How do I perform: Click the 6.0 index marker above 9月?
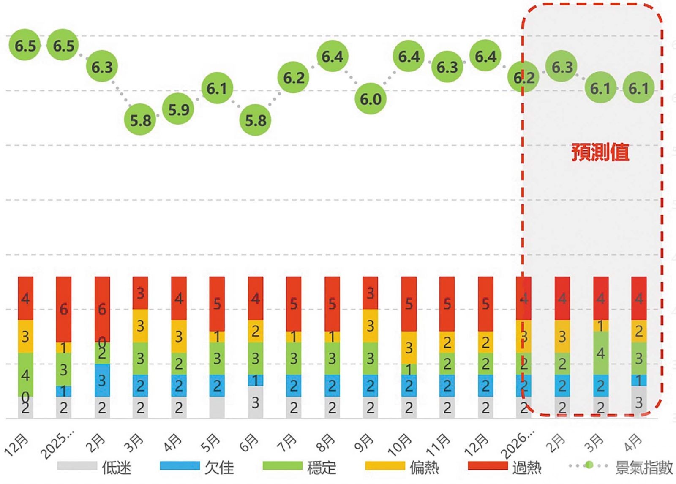pyautogui.click(x=371, y=99)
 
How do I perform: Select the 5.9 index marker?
pyautogui.click(x=178, y=110)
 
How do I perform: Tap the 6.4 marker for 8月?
pyautogui.click(x=333, y=56)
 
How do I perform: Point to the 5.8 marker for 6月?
pyautogui.click(x=256, y=120)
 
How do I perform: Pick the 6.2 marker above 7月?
pyautogui.click(x=294, y=78)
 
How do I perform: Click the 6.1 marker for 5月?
pyautogui.click(x=217, y=88)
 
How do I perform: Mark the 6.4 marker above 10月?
pyautogui.click(x=409, y=56)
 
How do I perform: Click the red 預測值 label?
pyautogui.click(x=600, y=152)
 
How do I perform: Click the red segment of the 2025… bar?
pyautogui.click(x=64, y=309)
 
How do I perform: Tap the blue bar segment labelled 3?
pyautogui.click(x=102, y=380)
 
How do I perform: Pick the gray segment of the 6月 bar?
pyautogui.click(x=255, y=402)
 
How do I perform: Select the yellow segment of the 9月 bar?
pyautogui.click(x=370, y=326)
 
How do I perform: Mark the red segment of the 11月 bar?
pyautogui.click(x=447, y=304)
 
